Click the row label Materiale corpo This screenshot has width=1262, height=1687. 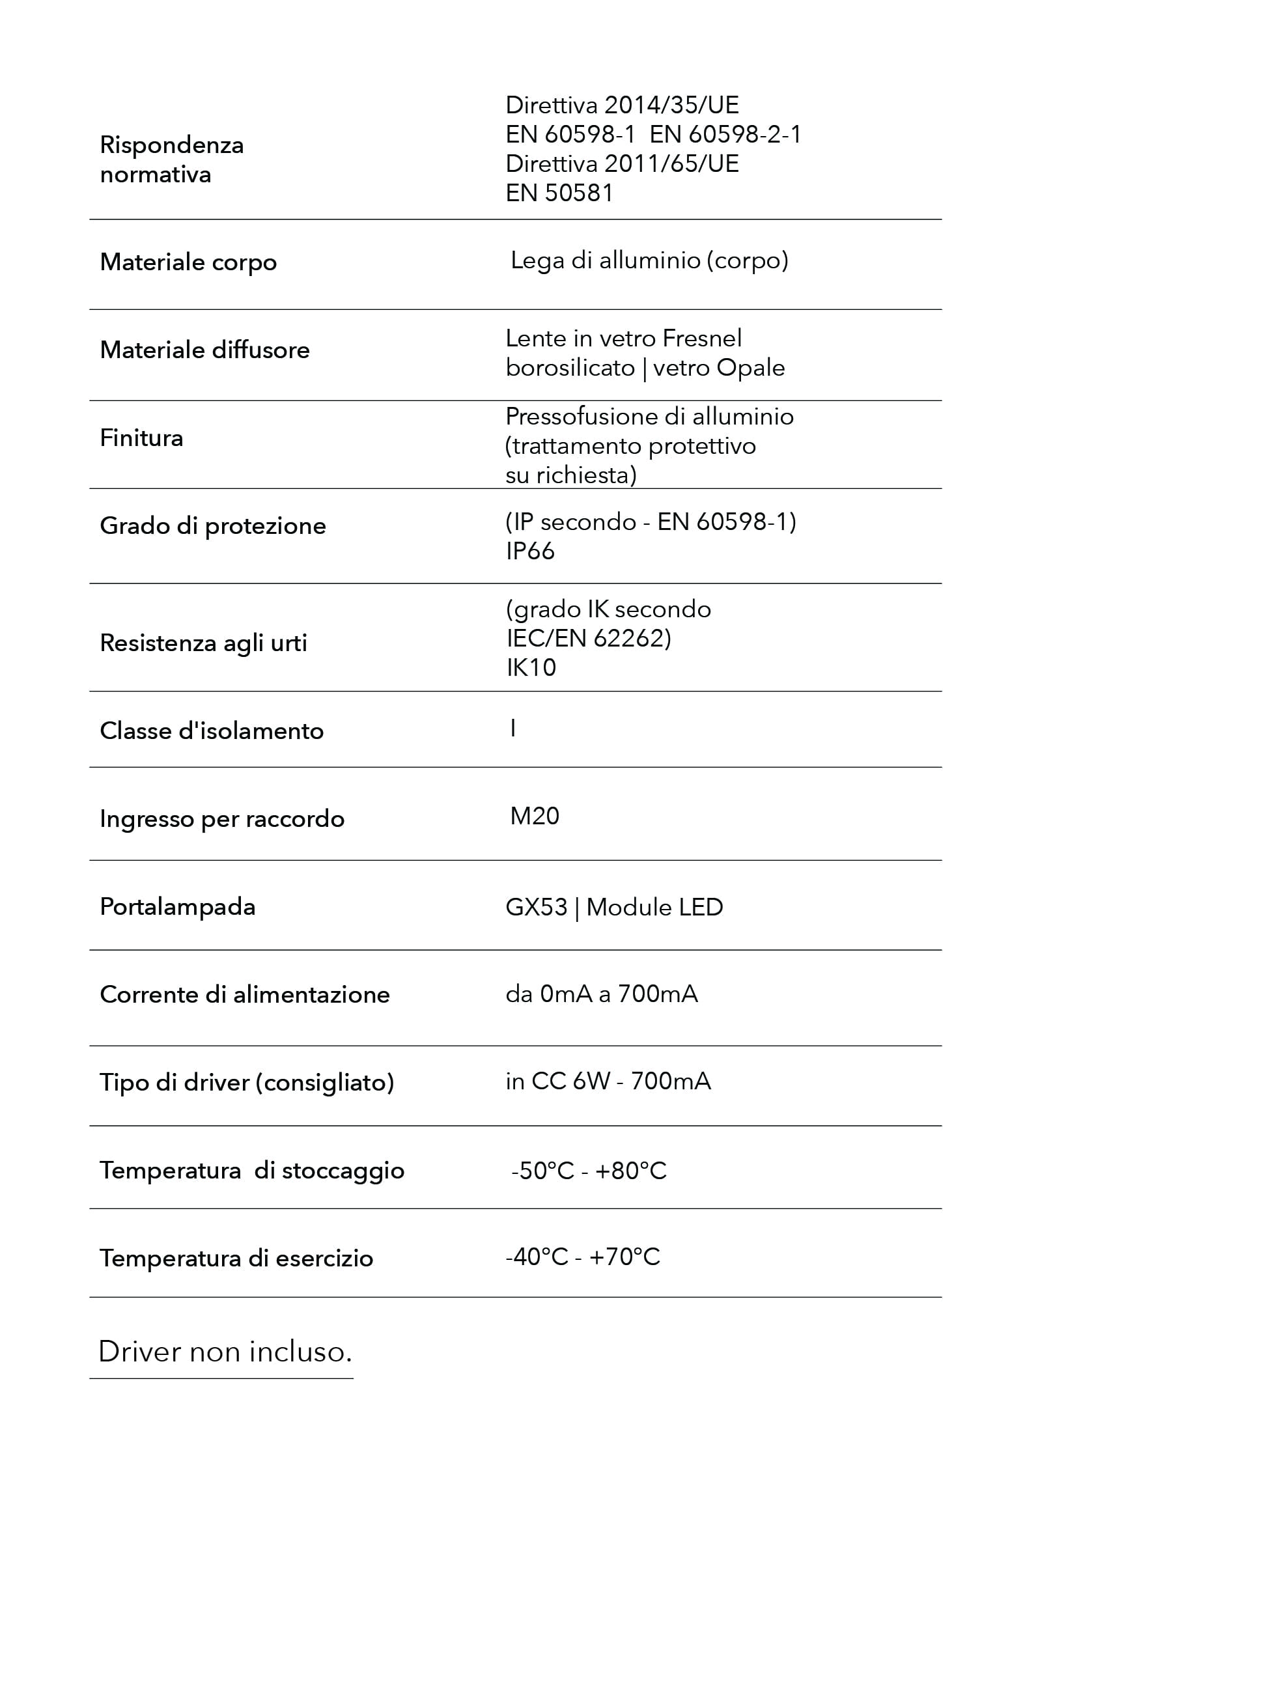(188, 262)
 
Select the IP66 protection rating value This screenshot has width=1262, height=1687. (530, 551)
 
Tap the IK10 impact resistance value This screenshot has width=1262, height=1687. (531, 667)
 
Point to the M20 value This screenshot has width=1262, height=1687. (535, 816)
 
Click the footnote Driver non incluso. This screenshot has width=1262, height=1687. (225, 1352)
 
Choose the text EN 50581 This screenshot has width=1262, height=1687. (559, 193)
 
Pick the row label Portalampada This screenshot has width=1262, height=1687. (177, 907)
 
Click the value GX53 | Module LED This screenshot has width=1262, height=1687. (614, 908)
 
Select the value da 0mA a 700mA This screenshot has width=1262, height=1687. (601, 994)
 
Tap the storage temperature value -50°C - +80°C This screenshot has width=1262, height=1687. (589, 1171)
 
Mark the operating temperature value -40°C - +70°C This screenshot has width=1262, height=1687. (583, 1257)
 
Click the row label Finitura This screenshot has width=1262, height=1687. (141, 438)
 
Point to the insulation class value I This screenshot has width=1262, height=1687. (513, 729)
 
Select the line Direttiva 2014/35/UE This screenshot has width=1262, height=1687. (621, 105)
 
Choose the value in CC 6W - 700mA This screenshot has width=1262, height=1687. (608, 1081)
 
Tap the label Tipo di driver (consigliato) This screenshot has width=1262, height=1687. (246, 1082)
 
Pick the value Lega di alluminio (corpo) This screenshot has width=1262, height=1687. (649, 261)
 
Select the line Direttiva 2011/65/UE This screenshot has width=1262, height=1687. (621, 164)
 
